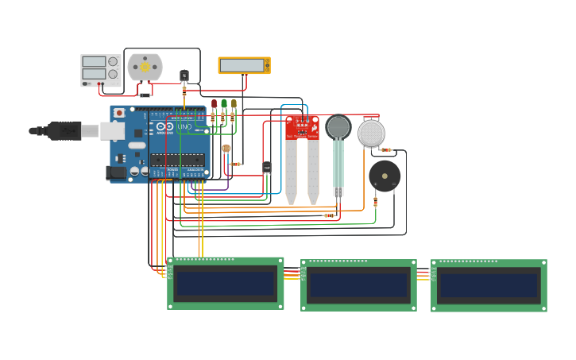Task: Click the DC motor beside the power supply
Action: pyautogui.click(x=145, y=68)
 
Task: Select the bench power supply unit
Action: pyautogui.click(x=100, y=70)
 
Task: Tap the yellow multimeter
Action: pyautogui.click(x=244, y=65)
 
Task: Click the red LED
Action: pyautogui.click(x=214, y=104)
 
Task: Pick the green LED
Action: pyautogui.click(x=224, y=104)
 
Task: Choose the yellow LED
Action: pyautogui.click(x=234, y=104)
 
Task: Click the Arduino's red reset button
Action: pyautogui.click(x=119, y=113)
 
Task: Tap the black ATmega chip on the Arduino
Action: pyautogui.click(x=176, y=160)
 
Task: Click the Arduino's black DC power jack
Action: pyautogui.click(x=118, y=172)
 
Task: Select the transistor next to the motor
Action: pyautogui.click(x=184, y=75)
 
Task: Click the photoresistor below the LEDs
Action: pyautogui.click(x=226, y=149)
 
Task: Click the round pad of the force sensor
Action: pyautogui.click(x=338, y=127)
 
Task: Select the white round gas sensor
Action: pyautogui.click(x=371, y=133)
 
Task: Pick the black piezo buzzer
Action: pyautogui.click(x=385, y=176)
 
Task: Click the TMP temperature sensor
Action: pyautogui.click(x=267, y=167)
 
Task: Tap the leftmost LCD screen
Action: pyautogui.click(x=226, y=284)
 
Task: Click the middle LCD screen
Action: pyautogui.click(x=358, y=285)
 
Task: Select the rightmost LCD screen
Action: pyautogui.click(x=489, y=285)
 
